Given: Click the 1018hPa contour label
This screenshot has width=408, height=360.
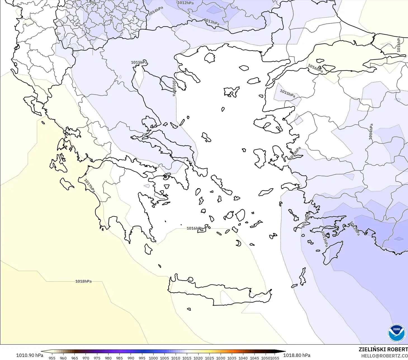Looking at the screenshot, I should (83, 281).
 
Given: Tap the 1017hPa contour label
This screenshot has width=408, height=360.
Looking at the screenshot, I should (90, 186).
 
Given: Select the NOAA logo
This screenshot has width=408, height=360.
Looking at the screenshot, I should (396, 333).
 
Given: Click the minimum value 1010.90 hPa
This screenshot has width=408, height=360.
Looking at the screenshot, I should (30, 355).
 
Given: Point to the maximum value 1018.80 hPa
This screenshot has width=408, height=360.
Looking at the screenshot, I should (297, 355).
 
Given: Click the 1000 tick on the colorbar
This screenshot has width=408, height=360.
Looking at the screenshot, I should (153, 358).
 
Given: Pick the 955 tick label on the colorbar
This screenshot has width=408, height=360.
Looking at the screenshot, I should (52, 358).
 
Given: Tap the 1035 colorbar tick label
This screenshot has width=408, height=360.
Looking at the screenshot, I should (232, 358).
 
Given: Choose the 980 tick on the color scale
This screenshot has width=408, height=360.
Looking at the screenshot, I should (108, 358).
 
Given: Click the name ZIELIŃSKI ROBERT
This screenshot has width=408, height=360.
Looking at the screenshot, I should (383, 349).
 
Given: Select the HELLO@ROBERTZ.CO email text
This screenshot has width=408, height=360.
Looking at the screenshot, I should (384, 356).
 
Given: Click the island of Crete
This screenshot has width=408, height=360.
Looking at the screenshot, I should (218, 294).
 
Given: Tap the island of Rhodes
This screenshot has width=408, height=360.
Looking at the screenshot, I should (332, 253).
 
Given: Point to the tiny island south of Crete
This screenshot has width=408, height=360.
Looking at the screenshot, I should (189, 309).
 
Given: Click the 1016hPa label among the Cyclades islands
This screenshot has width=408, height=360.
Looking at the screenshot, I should (195, 228).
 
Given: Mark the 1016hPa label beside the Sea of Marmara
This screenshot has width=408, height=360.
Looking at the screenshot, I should (315, 68).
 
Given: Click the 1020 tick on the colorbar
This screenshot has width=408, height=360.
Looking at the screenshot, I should (198, 358).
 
